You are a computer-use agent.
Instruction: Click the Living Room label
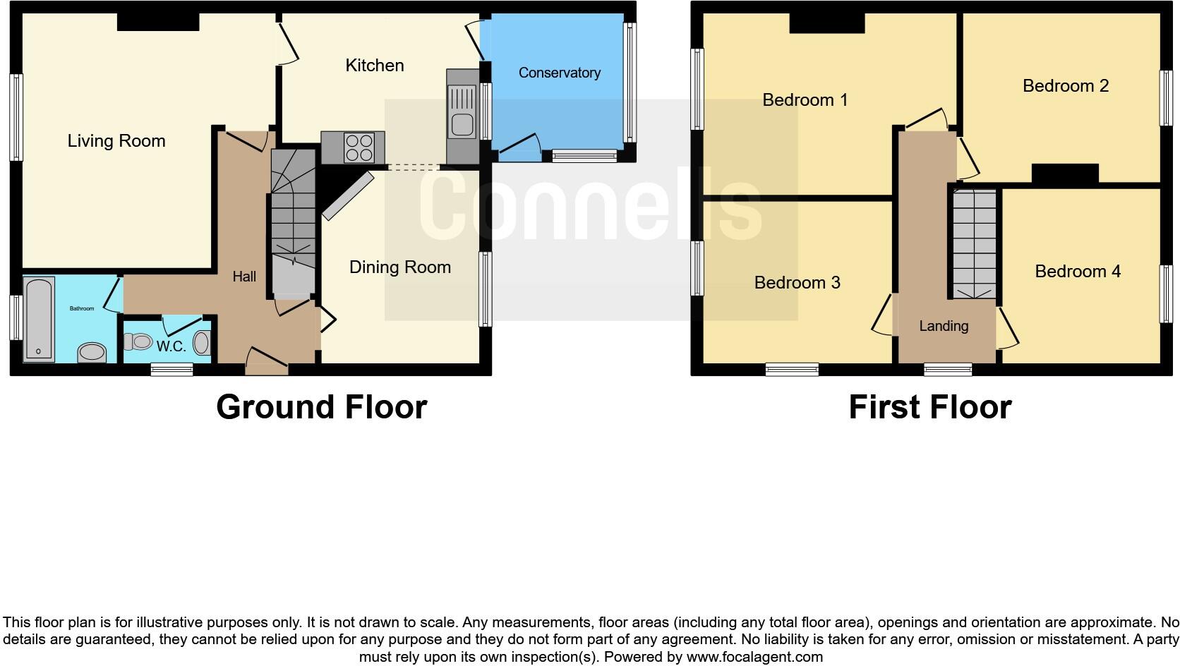click(116, 141)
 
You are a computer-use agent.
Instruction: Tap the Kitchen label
click(375, 66)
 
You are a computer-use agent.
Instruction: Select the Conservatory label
click(559, 73)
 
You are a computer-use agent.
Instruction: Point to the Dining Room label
click(399, 267)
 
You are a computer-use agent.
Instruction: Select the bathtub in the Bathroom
click(39, 319)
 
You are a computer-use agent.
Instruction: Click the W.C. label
click(171, 347)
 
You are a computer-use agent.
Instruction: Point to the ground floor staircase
click(293, 219)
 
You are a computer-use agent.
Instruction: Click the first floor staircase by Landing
click(975, 243)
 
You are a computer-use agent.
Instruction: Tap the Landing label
click(944, 326)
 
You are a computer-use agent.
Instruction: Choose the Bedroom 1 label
click(805, 100)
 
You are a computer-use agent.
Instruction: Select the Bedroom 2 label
click(1065, 86)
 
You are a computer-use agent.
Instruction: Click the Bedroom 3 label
click(797, 283)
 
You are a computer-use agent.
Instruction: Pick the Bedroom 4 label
click(1077, 272)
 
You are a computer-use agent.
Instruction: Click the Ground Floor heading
click(321, 407)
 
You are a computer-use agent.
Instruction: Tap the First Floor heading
click(929, 407)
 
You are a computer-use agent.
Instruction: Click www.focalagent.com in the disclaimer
click(754, 657)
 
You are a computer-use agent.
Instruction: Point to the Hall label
click(244, 277)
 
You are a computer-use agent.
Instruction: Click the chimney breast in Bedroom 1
click(826, 23)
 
